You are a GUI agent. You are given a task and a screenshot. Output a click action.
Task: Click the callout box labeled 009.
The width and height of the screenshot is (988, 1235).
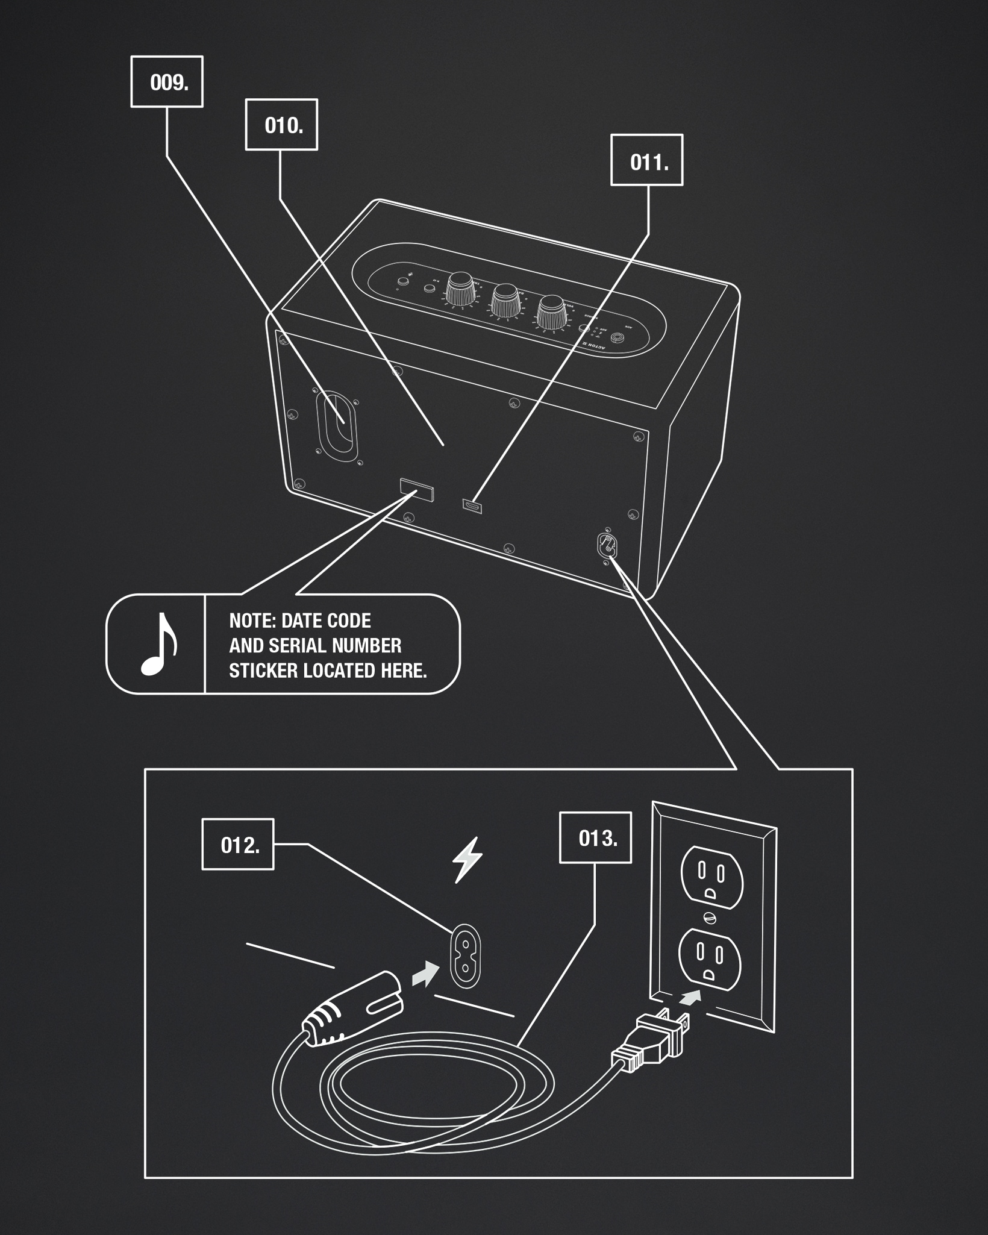pyautogui.click(x=167, y=82)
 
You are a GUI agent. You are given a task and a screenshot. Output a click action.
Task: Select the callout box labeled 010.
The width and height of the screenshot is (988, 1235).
pyautogui.click(x=281, y=125)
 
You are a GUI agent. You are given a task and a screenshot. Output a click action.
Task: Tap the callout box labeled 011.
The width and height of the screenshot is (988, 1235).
pyautogui.click(x=647, y=160)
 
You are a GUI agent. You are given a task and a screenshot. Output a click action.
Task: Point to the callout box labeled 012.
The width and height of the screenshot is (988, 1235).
pyautogui.click(x=238, y=844)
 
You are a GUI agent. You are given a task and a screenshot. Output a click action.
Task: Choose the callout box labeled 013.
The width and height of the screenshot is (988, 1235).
pyautogui.click(x=596, y=838)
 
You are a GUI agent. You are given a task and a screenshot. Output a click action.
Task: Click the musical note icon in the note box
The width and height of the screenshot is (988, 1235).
pyautogui.click(x=158, y=644)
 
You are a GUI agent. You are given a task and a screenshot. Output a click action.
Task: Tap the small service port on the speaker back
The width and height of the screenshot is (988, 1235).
pyautogui.click(x=472, y=505)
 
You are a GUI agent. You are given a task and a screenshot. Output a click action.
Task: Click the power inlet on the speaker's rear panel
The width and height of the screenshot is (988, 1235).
pyautogui.click(x=606, y=545)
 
